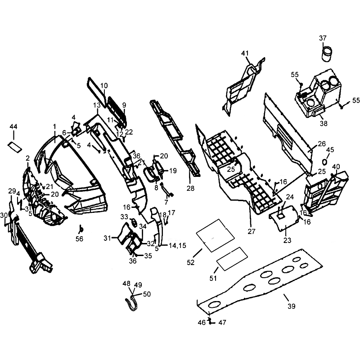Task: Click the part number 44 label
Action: pyautogui.click(x=13, y=127)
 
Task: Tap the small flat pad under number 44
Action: pyautogui.click(x=15, y=147)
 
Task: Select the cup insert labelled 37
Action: pyautogui.click(x=327, y=54)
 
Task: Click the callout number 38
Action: pyautogui.click(x=324, y=123)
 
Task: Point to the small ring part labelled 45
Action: pyautogui.click(x=325, y=162)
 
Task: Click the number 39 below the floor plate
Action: pyautogui.click(x=291, y=306)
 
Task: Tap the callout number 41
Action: pyautogui.click(x=245, y=53)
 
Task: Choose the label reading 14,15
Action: pyautogui.click(x=177, y=245)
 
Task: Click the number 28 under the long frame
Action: pyautogui.click(x=190, y=188)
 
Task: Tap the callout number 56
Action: pyautogui.click(x=80, y=239)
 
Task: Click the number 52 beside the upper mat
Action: pyautogui.click(x=190, y=262)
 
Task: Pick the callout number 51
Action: pyautogui.click(x=213, y=278)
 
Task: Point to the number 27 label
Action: pyautogui.click(x=252, y=231)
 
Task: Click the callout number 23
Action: pyautogui.click(x=287, y=240)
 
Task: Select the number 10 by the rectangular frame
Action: pyautogui.click(x=104, y=85)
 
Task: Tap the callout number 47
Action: pyautogui.click(x=222, y=322)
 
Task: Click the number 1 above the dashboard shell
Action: pyautogui.click(x=54, y=126)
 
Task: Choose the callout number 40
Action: pyautogui.click(x=336, y=166)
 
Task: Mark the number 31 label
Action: pyautogui.click(x=107, y=238)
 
